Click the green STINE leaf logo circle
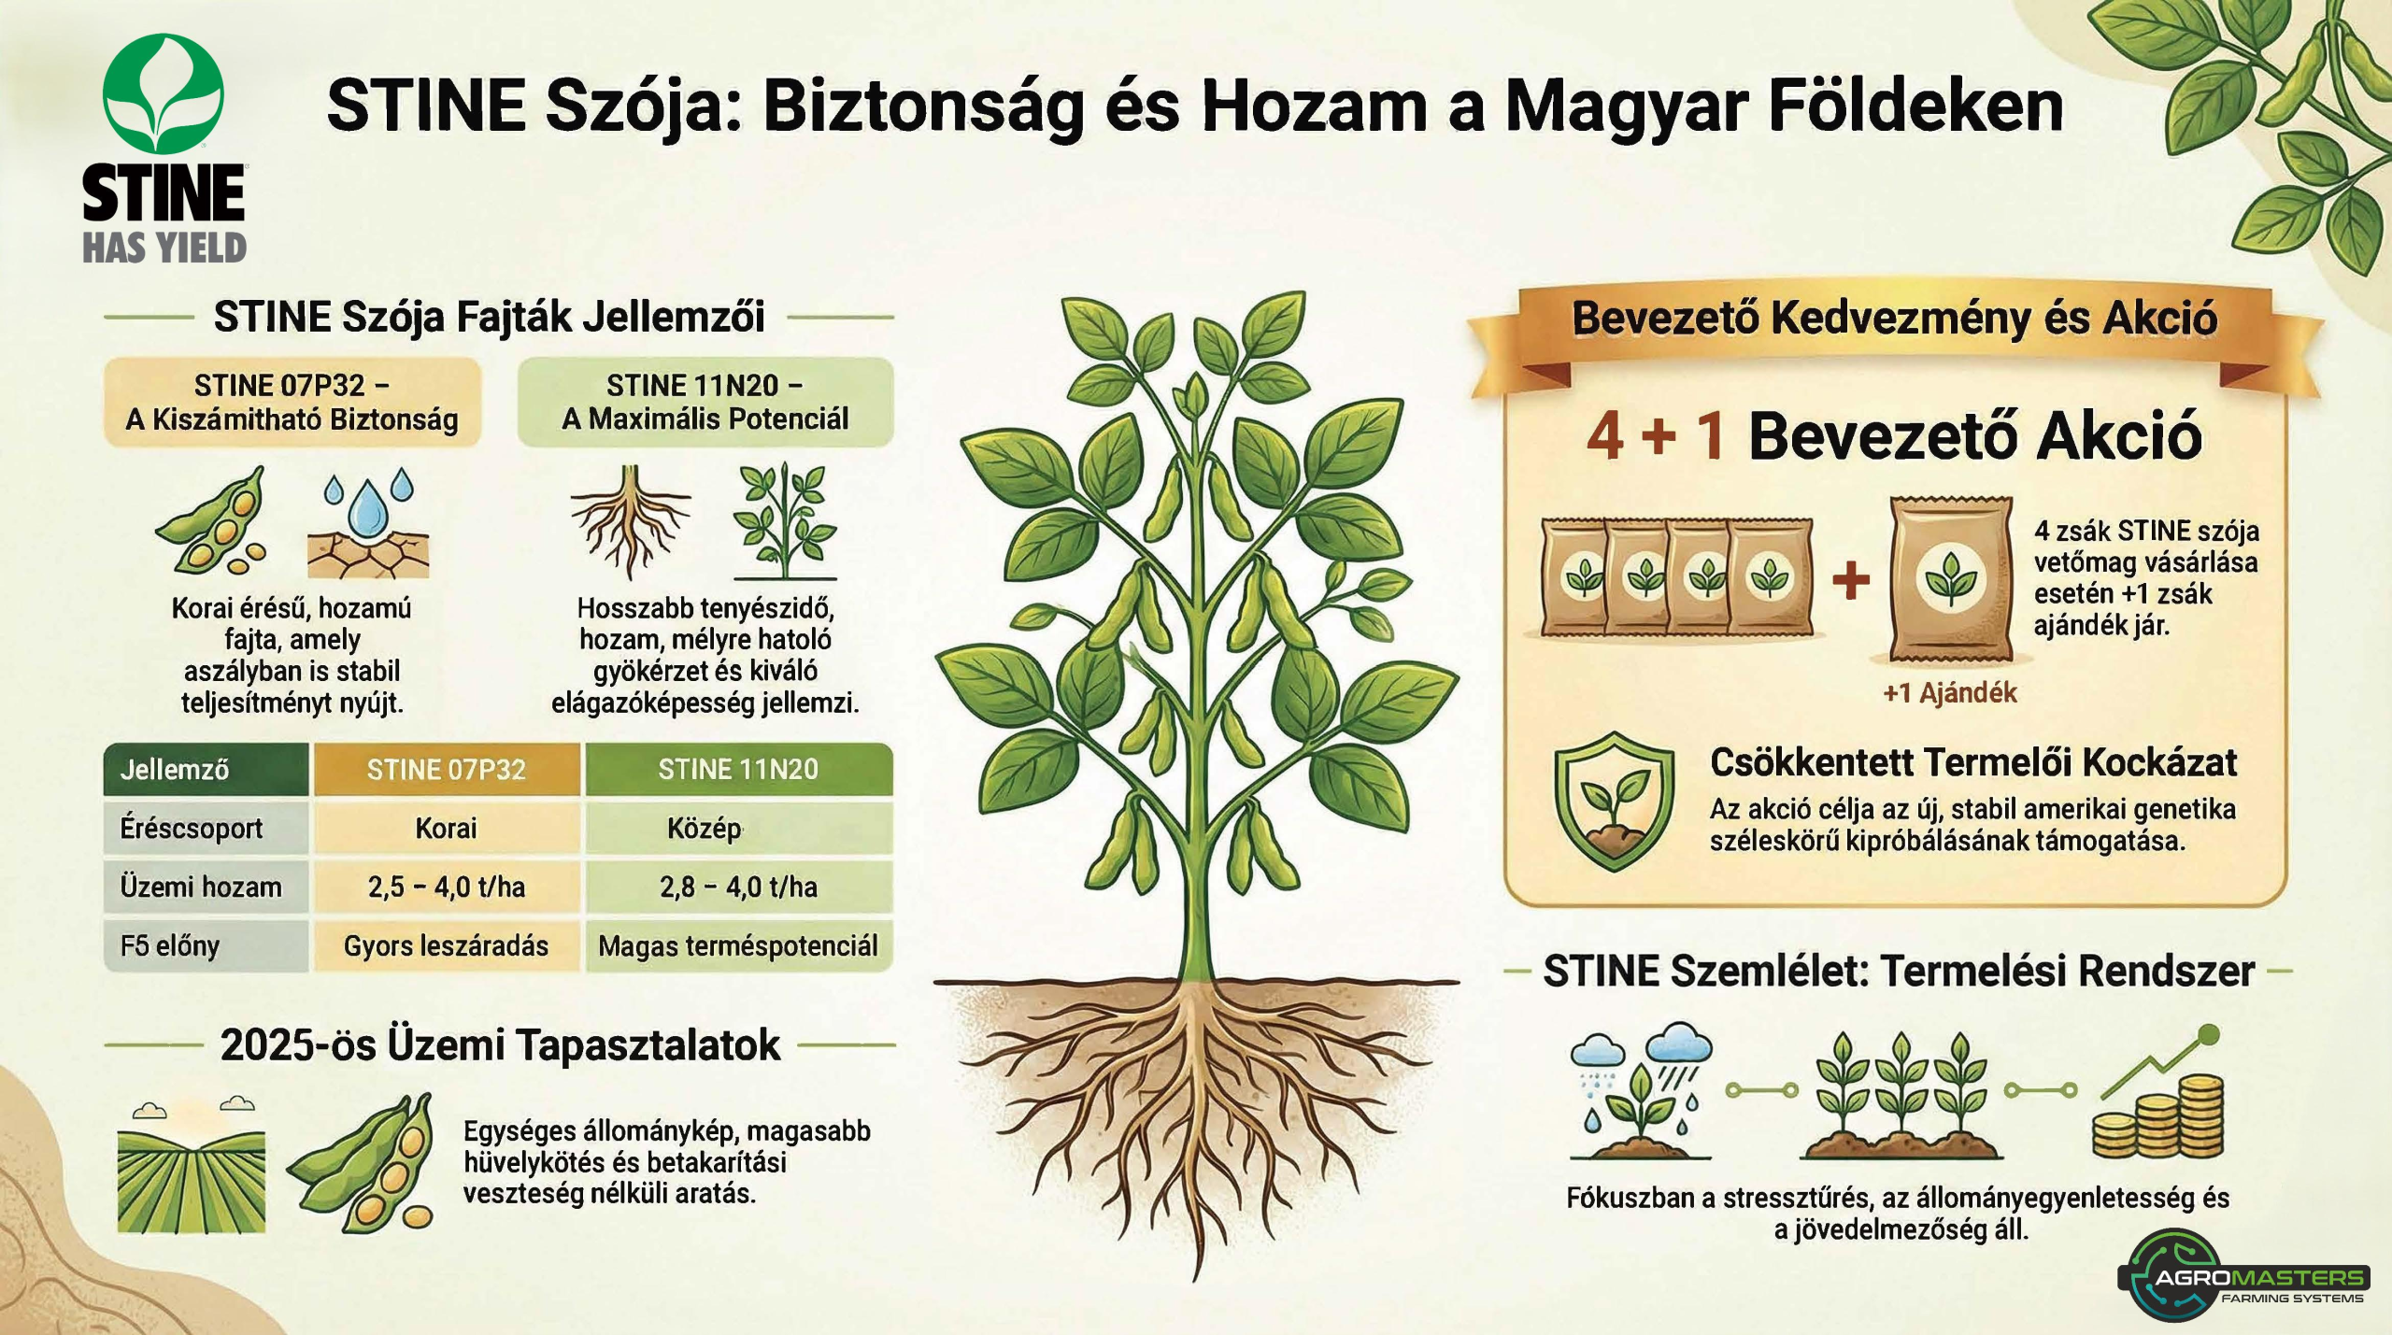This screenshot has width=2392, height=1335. [x=164, y=94]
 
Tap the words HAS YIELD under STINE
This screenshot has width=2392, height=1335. [x=164, y=248]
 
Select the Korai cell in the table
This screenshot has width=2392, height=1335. [x=446, y=828]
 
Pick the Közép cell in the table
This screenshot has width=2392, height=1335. [x=738, y=828]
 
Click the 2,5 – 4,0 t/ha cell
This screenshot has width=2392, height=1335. [x=446, y=887]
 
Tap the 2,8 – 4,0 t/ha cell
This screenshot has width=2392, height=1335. [x=738, y=887]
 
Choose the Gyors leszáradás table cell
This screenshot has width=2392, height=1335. [x=446, y=945]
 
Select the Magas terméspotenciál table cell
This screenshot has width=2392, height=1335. [x=738, y=945]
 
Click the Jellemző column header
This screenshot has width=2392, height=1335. [x=206, y=769]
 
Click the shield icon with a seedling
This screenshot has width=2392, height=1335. [x=1614, y=801]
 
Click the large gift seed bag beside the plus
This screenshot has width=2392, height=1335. [x=1950, y=579]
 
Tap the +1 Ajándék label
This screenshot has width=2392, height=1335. [x=1950, y=693]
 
